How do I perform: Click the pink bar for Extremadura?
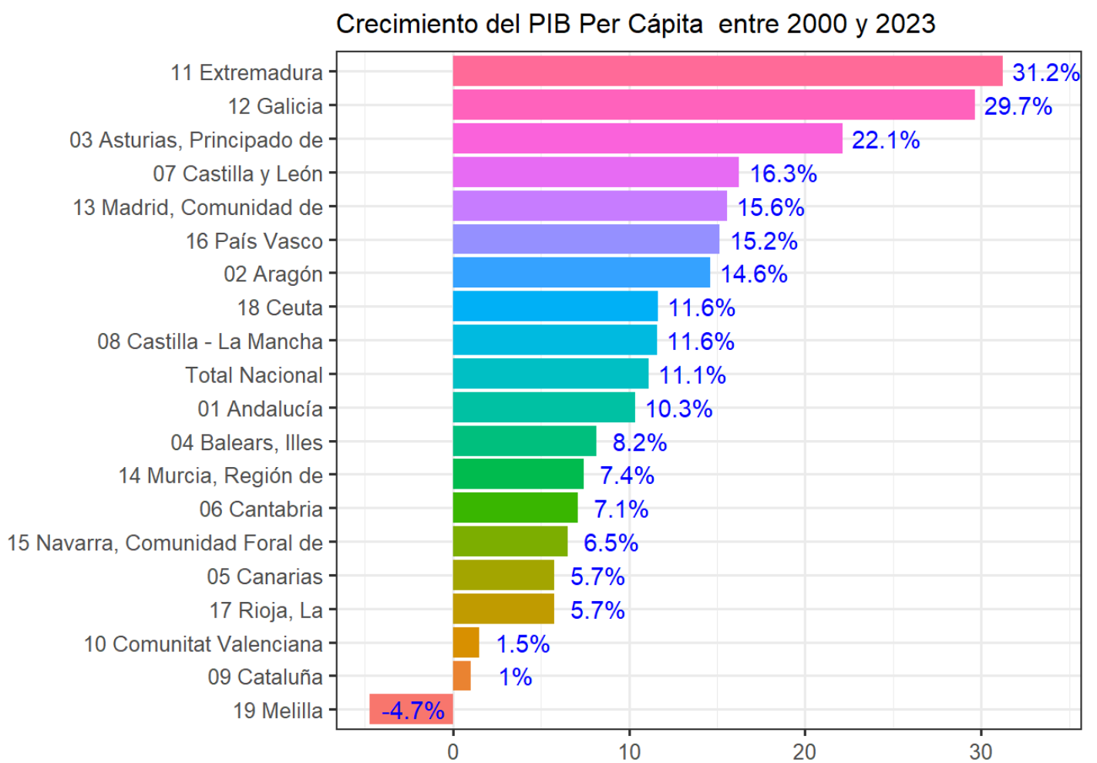tap(727, 72)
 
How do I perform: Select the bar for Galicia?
tap(713, 106)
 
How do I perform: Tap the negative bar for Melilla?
tap(412, 710)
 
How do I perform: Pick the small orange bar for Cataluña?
tap(462, 677)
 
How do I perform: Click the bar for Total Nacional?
tap(550, 375)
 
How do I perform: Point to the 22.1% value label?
tap(886, 140)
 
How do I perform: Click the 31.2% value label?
tap(1045, 72)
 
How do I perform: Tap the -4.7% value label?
tap(413, 711)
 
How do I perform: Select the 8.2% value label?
tap(639, 442)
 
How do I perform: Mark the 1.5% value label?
tap(523, 644)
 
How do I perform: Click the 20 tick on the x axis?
tap(805, 751)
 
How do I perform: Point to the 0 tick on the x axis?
tap(453, 751)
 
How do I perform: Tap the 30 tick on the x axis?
tap(981, 751)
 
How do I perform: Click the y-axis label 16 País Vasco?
tap(254, 241)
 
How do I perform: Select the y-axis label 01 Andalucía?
tap(260, 408)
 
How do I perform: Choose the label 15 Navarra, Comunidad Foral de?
tap(165, 543)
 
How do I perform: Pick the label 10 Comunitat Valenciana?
tap(204, 644)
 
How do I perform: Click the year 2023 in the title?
tap(905, 24)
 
